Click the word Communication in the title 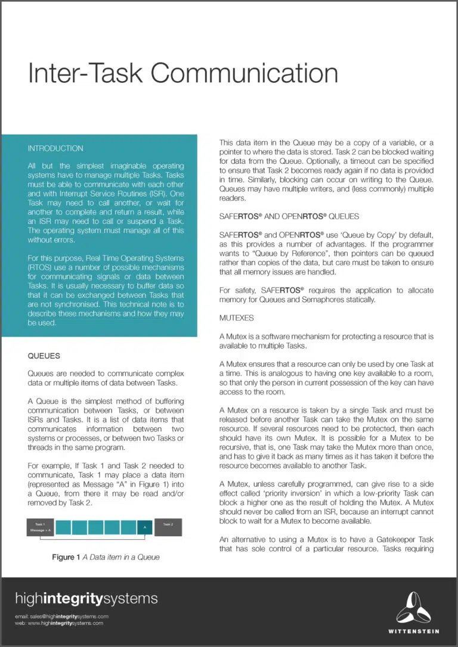coord(244,73)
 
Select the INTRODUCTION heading coord(55,148)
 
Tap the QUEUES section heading coord(44,356)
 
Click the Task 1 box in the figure coord(40,527)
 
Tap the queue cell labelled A coord(145,527)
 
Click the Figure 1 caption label coord(66,557)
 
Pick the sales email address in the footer coord(61,616)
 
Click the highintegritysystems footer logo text coord(86,598)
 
